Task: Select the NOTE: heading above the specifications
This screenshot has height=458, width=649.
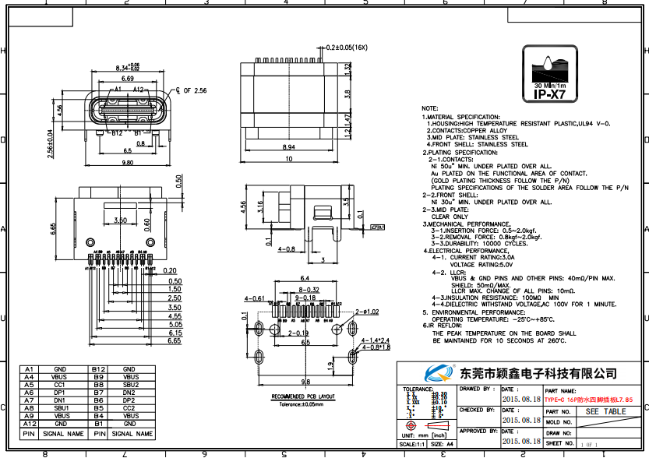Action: point(430,108)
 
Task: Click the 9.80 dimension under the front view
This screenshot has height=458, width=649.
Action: point(127,163)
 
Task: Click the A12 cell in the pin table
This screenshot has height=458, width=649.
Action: point(29,424)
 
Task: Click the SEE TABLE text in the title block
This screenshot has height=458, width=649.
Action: point(605,410)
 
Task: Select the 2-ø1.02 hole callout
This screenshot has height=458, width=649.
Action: point(367,312)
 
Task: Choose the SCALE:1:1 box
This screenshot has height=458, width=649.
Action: point(411,444)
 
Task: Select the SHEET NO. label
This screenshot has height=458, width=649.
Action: point(560,442)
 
